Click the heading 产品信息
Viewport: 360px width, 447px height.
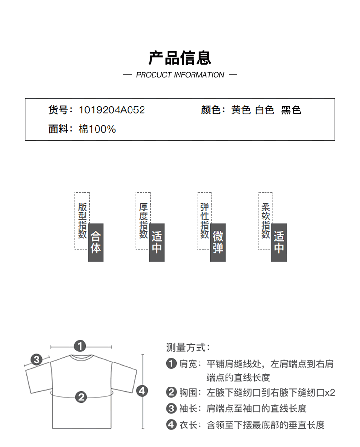click(180, 58)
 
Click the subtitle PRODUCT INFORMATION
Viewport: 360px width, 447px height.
click(180, 75)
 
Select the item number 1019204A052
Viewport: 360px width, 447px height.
click(112, 110)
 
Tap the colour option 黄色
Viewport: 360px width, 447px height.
click(241, 110)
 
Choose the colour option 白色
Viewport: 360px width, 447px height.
click(264, 110)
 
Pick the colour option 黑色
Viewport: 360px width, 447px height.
click(291, 110)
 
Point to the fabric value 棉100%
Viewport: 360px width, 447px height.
click(97, 129)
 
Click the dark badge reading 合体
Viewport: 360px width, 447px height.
click(96, 242)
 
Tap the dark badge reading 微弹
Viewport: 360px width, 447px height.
click(218, 242)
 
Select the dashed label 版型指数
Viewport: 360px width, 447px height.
click(83, 221)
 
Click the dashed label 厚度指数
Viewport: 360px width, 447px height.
click(144, 221)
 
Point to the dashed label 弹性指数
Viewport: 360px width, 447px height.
click(204, 221)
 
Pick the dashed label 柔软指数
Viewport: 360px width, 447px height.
click(265, 221)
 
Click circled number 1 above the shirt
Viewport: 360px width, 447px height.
click(80, 346)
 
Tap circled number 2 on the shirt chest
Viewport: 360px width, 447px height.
click(81, 397)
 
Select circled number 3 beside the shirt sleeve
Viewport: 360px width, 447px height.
click(36, 360)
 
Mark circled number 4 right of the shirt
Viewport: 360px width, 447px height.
click(142, 390)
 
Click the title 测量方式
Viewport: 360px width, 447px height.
click(188, 348)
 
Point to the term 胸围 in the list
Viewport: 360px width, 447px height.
click(188, 393)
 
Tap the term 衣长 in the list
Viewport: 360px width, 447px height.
click(188, 425)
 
